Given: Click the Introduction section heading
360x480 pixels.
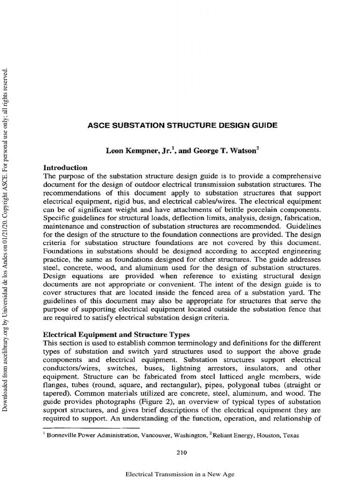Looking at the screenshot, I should (65, 167).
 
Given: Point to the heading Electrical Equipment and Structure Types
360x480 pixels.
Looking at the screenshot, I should (116, 335).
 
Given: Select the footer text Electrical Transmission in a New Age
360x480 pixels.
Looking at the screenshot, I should (180, 474).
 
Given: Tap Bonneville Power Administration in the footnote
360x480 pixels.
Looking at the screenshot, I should (89, 435).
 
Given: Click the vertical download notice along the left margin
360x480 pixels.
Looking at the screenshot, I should (6, 239).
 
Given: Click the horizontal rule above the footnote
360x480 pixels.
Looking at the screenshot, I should (91, 428).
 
